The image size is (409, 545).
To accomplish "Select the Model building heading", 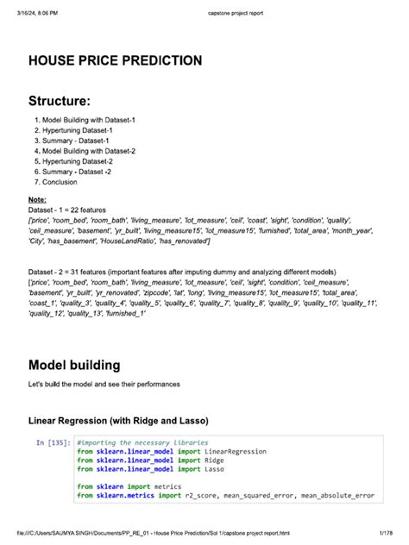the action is click(86, 365).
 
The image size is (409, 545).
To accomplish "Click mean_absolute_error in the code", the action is click(338, 496).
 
